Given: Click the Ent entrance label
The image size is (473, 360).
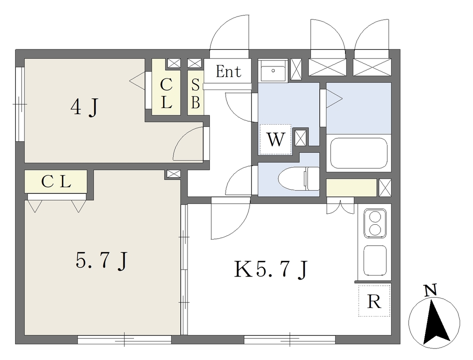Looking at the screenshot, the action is pos(228,72).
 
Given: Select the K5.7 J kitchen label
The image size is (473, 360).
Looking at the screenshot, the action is pos(271,269).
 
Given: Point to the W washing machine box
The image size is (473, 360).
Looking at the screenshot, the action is pos(275,139).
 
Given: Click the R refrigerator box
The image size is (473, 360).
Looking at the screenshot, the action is pos(374,300).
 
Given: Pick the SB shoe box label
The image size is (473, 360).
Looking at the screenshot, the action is pos(195,94).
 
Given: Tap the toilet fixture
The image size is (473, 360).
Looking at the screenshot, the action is pos(299,179).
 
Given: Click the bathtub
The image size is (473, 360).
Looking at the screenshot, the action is pos(358,154).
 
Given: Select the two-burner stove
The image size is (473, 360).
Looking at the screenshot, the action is pos(375,223).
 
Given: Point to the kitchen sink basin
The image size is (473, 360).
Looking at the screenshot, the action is pos(375,260).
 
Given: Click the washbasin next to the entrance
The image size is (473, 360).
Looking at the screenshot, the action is pos(273,71).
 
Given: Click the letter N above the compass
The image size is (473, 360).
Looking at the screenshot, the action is pos(431,290).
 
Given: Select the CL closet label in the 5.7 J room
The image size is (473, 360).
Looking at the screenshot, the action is pos(56,181).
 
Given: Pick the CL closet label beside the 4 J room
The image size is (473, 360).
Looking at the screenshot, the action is pos(166,94).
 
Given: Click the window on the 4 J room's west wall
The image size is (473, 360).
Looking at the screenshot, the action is pos(20,104).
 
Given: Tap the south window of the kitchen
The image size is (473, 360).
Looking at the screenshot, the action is pos(290,340).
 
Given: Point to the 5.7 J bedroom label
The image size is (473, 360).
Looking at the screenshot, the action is pos(101,261).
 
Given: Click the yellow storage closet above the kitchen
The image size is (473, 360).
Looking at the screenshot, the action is pos(352,187).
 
